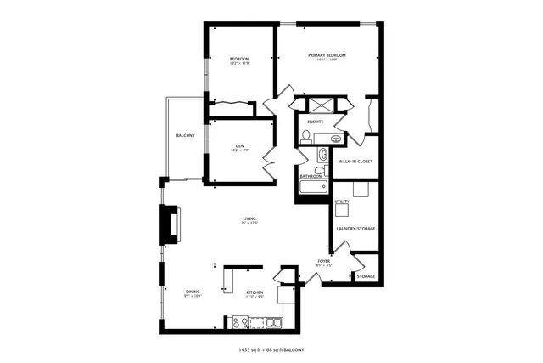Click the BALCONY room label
click(x=186, y=136)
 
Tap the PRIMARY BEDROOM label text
click(x=327, y=55)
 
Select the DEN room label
click(x=239, y=146)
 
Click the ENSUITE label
click(x=315, y=122)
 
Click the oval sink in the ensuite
click(x=336, y=138)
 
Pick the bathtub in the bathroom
click(x=313, y=186)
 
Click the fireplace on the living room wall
click(x=171, y=224)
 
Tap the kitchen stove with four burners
click(x=240, y=322)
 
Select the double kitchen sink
click(x=273, y=322)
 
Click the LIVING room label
click(x=249, y=218)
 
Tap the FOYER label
click(x=324, y=261)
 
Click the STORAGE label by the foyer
click(x=366, y=276)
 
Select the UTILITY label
click(x=342, y=201)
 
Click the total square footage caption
click(x=271, y=349)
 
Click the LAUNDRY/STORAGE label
click(x=355, y=229)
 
